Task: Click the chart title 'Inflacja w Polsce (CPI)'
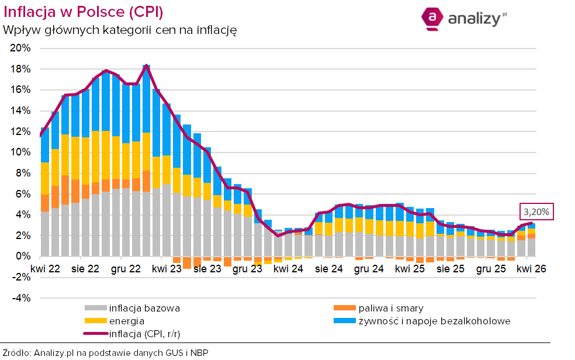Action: (x=84, y=12)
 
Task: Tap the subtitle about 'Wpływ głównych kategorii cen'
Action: (x=119, y=30)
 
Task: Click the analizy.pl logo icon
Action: (x=432, y=18)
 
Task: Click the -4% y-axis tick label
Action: (x=22, y=298)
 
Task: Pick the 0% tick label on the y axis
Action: (x=24, y=257)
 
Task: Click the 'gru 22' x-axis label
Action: (x=125, y=269)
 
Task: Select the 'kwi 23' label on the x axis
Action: (x=167, y=269)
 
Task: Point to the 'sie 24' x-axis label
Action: (x=328, y=269)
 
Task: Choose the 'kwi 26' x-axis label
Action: (x=531, y=269)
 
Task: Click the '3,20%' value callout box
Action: (x=535, y=212)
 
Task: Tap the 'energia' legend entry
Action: (x=126, y=321)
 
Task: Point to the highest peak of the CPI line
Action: (x=146, y=65)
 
